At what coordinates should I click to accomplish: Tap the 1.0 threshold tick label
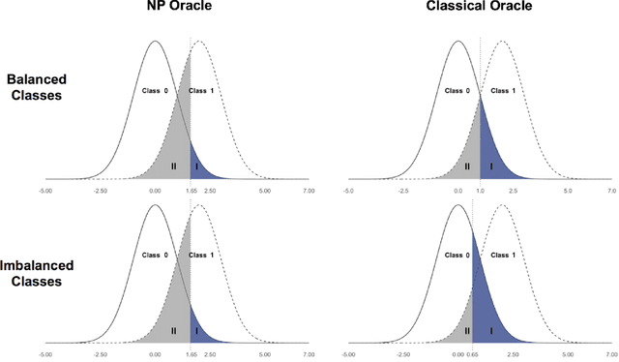coord(479,192)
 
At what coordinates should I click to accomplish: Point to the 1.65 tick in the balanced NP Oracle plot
coord(190,192)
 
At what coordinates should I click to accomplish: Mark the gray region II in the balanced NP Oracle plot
coord(174,166)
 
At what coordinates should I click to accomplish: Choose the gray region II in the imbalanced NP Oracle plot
coord(174,330)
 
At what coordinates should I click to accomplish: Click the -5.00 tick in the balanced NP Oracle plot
coord(46,192)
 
